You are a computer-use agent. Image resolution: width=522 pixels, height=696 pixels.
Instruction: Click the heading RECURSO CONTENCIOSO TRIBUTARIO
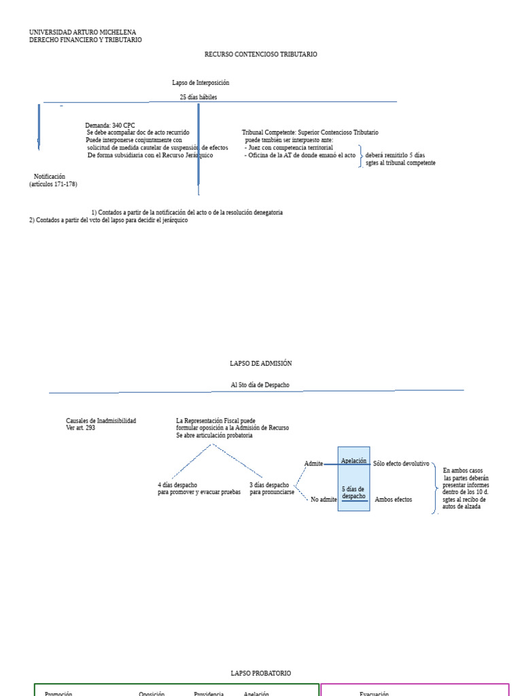(x=261, y=54)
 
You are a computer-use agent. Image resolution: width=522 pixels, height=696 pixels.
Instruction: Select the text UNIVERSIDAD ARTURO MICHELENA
(x=82, y=32)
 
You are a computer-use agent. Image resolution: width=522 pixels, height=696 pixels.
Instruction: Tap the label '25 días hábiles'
(x=198, y=97)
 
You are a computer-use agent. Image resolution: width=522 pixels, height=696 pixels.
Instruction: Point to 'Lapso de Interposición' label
(x=201, y=82)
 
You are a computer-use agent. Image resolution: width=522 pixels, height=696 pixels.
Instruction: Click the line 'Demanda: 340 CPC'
(x=110, y=125)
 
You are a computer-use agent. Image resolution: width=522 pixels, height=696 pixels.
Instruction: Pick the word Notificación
(x=50, y=177)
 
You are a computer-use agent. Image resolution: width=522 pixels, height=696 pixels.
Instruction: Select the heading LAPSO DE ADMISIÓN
(x=261, y=364)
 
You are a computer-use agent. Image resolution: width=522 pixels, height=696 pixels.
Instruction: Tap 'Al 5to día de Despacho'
(x=260, y=385)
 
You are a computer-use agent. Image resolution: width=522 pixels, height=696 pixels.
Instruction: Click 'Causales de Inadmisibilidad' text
(x=101, y=421)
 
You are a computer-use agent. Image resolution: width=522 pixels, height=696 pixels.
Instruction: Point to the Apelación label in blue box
(x=353, y=461)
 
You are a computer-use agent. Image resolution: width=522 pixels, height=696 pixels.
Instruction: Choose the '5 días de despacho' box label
(x=353, y=492)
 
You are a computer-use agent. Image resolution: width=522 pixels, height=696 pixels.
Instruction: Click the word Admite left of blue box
(x=313, y=464)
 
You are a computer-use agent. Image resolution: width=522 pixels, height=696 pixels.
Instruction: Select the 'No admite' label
(x=324, y=500)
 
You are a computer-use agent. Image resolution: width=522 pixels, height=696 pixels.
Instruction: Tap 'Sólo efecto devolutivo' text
(x=401, y=464)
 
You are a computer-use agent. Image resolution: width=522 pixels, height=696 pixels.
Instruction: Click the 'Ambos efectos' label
(x=393, y=500)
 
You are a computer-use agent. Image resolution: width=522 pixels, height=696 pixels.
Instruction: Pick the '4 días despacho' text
(x=177, y=485)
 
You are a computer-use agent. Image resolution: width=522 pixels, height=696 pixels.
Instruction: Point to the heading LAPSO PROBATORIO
(x=261, y=673)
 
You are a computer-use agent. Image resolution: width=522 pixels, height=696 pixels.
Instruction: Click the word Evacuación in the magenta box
(x=374, y=693)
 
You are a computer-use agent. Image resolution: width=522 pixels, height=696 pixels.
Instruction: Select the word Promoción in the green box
(x=58, y=693)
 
